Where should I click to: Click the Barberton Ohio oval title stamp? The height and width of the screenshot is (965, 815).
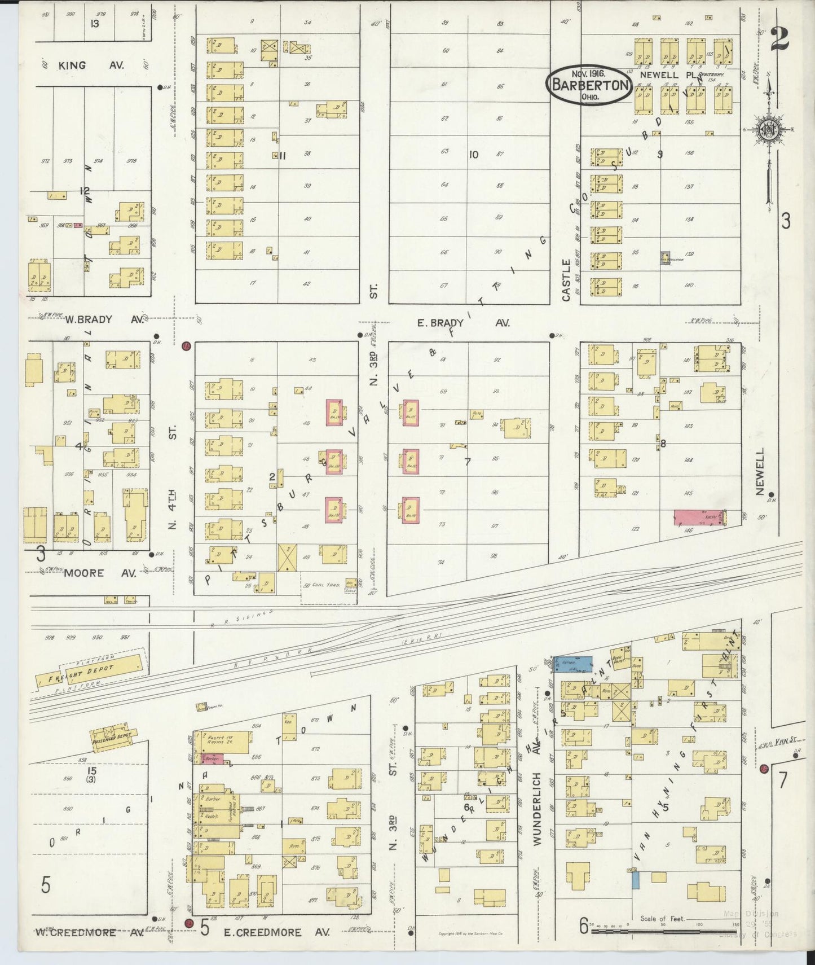click(588, 85)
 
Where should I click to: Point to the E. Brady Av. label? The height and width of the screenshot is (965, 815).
click(463, 323)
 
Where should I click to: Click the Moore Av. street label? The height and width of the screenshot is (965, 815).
click(100, 573)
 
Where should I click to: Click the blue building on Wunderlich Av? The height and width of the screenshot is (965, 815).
click(573, 664)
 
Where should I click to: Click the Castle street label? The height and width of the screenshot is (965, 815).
click(566, 280)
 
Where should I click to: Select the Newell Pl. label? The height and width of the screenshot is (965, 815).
click(662, 74)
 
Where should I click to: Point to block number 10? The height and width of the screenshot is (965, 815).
click(473, 154)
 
